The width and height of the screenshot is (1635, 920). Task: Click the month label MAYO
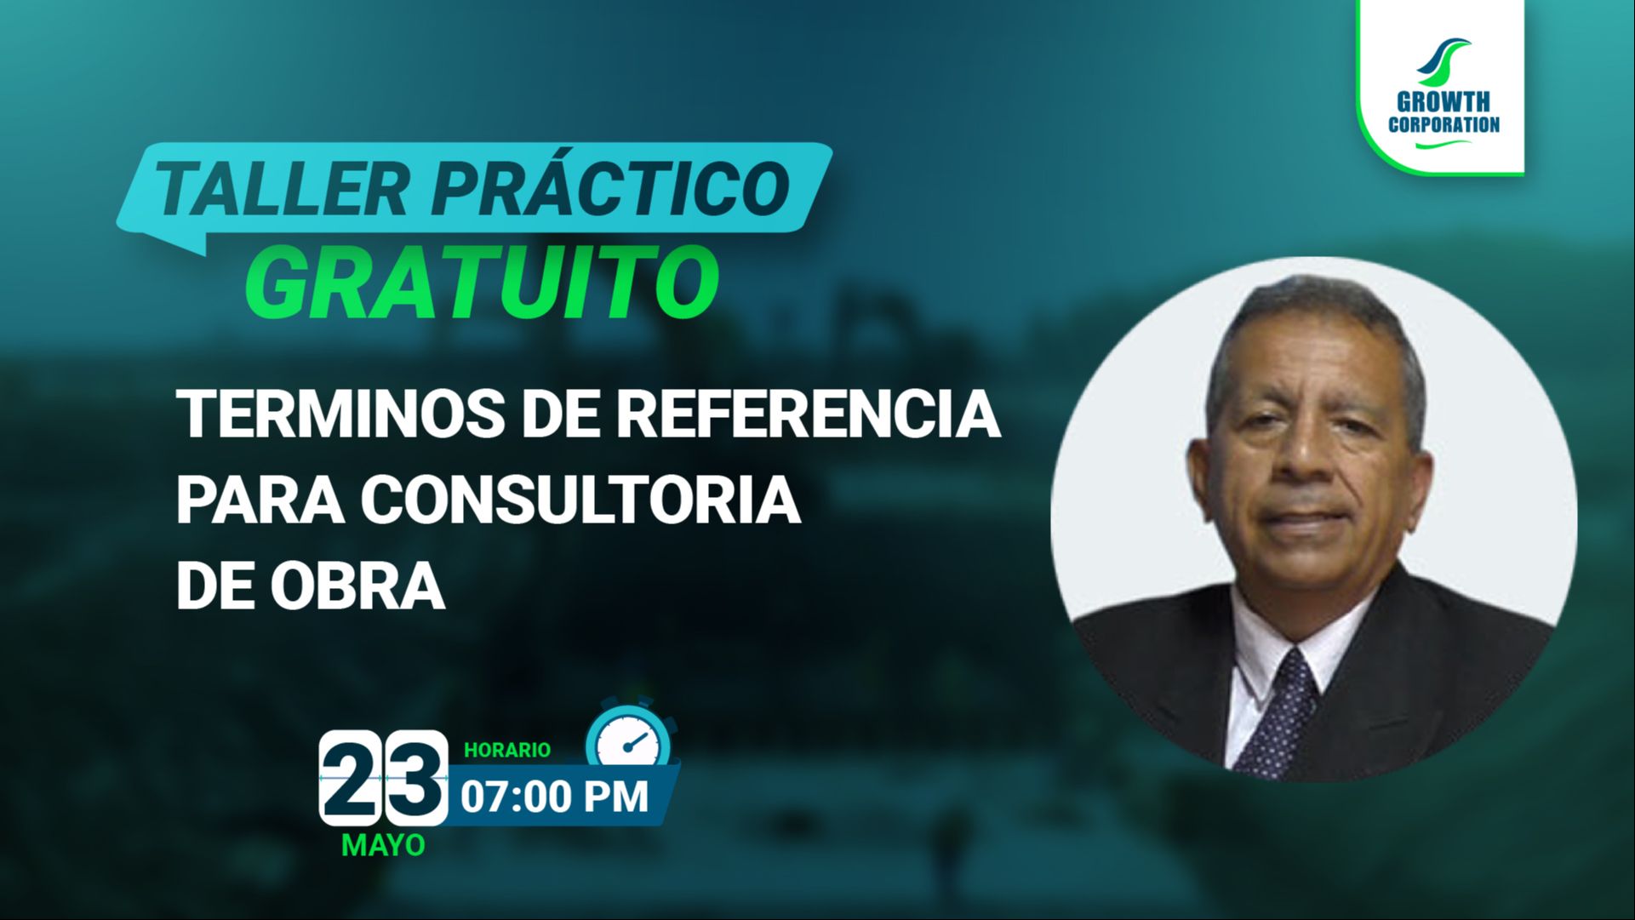coord(383,845)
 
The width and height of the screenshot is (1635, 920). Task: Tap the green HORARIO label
coord(507,750)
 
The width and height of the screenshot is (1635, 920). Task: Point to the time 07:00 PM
coord(555,797)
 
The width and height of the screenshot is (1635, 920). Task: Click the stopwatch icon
coord(631,736)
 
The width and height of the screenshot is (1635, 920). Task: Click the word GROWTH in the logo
coord(1443,102)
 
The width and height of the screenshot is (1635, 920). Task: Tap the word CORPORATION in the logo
coord(1444,124)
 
